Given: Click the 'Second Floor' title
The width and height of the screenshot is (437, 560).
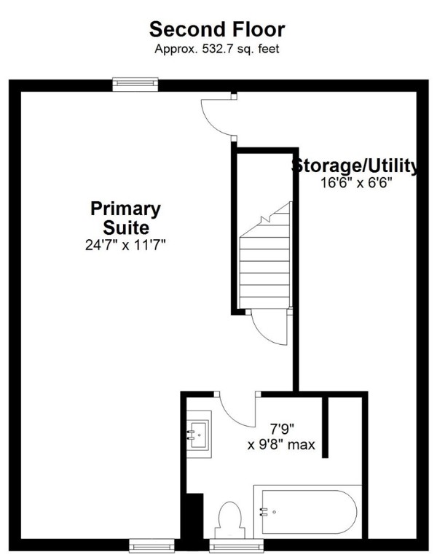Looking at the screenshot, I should coord(217,30).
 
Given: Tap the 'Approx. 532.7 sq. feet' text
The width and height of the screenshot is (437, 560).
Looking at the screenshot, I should coord(217,49).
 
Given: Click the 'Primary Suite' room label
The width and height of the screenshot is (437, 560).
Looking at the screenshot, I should coord(125,217).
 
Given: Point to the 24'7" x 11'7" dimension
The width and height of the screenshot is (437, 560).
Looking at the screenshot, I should coord(125,246).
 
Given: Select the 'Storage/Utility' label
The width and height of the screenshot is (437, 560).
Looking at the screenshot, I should coord(355,166).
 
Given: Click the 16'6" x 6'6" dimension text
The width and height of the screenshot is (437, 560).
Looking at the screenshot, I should coord(355,184).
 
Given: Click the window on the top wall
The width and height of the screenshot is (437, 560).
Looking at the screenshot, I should coord(136,85).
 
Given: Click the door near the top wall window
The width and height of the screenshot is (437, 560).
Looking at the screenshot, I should coord(216,115).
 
